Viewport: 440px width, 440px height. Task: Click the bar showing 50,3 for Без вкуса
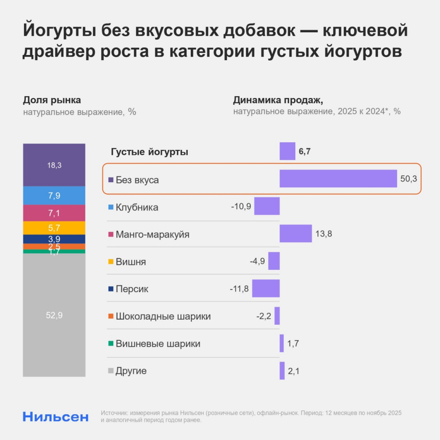[338, 178]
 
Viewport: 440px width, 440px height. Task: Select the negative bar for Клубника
[267, 206]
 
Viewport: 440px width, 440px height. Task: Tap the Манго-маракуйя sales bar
[296, 233]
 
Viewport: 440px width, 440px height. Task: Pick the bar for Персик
[266, 288]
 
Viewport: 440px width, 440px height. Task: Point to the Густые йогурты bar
[287, 151]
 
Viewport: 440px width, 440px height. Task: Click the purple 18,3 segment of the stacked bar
[54, 165]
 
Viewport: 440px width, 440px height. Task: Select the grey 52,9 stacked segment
[54, 315]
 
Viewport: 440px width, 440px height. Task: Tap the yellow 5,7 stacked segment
[54, 228]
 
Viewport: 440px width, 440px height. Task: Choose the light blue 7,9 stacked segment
[54, 196]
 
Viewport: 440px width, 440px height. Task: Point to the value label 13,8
[324, 234]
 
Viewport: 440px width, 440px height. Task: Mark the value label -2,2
[264, 316]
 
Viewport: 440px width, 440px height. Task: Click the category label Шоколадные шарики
[163, 317]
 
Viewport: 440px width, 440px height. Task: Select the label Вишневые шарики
[158, 344]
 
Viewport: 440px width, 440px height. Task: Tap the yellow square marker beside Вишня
[111, 262]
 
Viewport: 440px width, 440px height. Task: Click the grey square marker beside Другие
[111, 371]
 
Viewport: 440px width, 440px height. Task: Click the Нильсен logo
[56, 416]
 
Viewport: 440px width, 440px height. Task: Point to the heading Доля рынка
[52, 101]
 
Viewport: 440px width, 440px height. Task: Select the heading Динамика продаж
[278, 101]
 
